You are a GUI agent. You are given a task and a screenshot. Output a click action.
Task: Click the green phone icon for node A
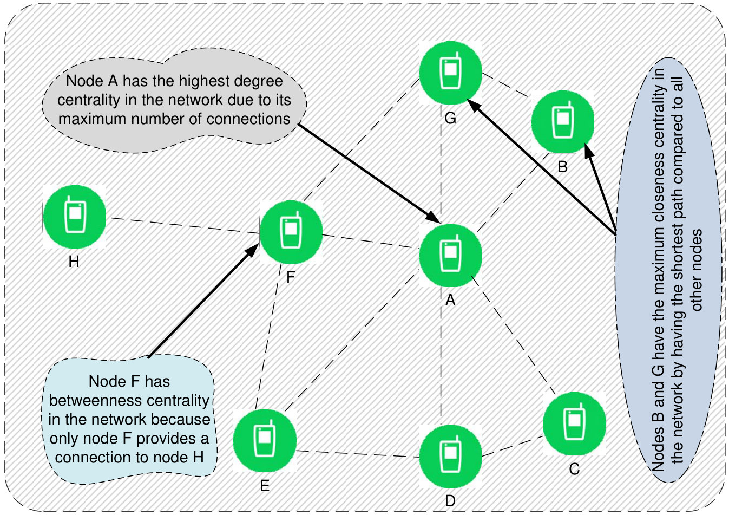(451, 256)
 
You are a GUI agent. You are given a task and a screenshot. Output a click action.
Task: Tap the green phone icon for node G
(451, 73)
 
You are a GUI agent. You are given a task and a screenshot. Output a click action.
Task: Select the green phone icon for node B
(563, 122)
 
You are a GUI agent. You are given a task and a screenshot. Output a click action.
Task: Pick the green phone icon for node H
(74, 217)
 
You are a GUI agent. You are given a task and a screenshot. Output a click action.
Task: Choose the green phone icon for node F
(291, 232)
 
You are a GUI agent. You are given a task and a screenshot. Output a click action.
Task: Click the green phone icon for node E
(265, 440)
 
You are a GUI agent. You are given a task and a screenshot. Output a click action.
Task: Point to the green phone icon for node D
(451, 456)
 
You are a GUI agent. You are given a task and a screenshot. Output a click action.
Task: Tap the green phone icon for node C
(574, 423)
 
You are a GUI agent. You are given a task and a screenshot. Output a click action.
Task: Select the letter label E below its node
(265, 486)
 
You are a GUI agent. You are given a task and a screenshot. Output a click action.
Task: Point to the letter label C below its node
(574, 469)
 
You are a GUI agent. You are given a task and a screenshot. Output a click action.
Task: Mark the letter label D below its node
(450, 501)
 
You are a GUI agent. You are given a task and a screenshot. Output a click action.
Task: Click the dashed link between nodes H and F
(186, 226)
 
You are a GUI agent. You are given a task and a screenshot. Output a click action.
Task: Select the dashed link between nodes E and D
(358, 454)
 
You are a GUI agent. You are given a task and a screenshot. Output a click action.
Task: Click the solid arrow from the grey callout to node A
(370, 174)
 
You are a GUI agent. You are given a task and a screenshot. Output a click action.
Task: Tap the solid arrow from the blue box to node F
(203, 301)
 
